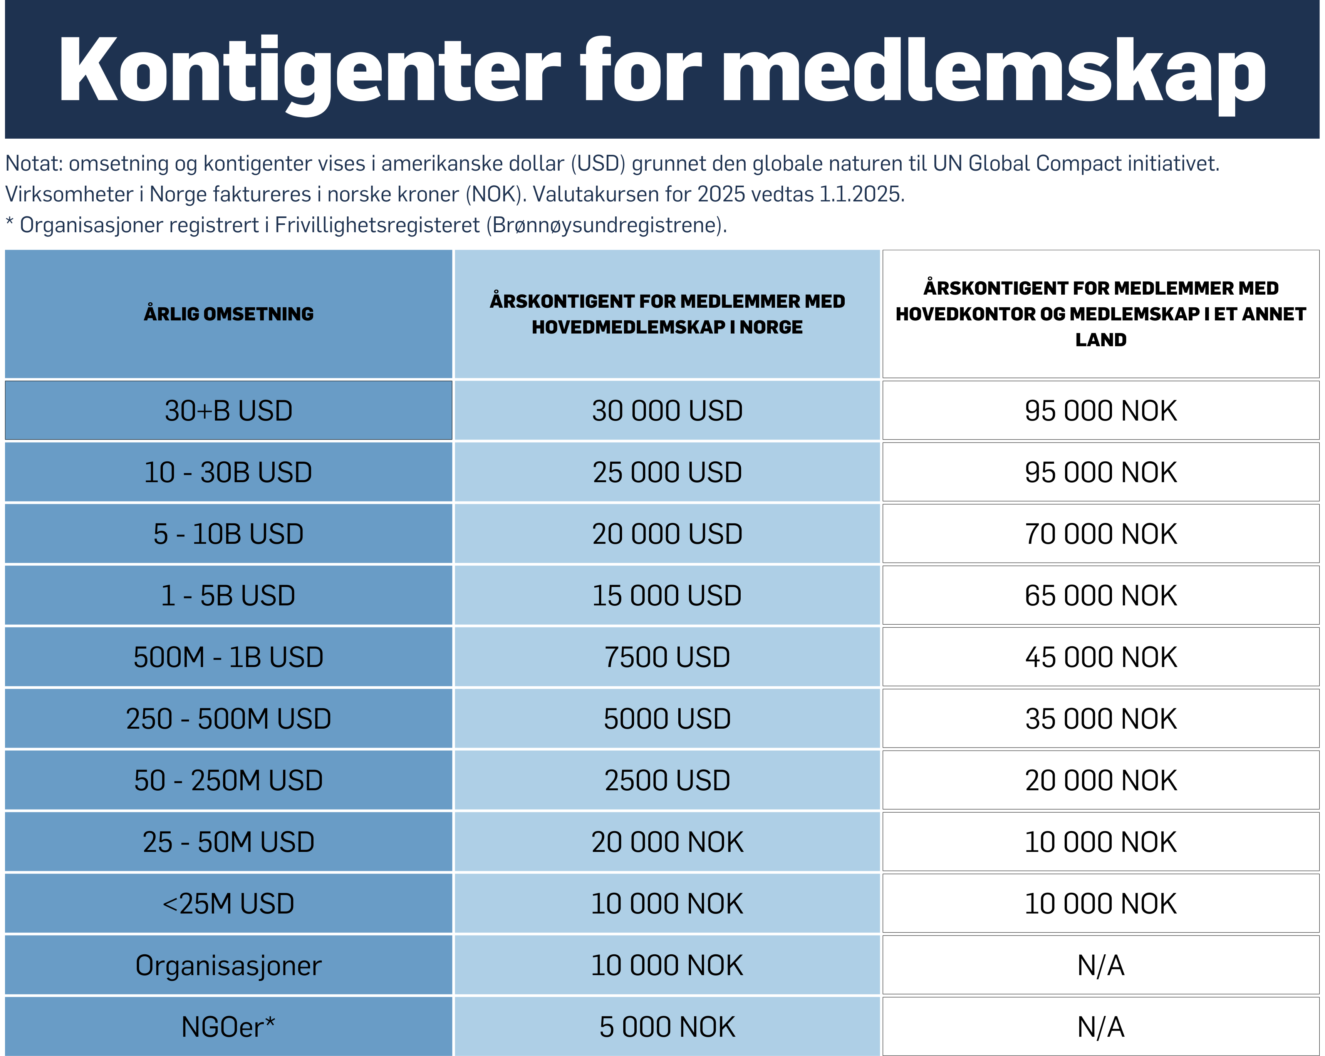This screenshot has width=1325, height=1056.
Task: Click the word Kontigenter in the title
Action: tap(309, 70)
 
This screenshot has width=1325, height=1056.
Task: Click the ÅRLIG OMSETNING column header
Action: tap(229, 314)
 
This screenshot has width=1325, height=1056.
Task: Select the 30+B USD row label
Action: tap(229, 411)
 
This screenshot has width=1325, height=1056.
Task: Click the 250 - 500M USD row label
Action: tap(229, 719)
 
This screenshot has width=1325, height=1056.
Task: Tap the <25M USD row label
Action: tap(229, 903)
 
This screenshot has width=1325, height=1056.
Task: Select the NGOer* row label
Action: tap(229, 1026)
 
